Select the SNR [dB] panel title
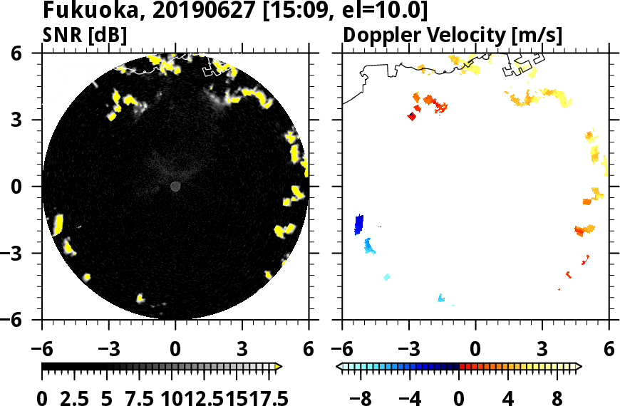point(90,35)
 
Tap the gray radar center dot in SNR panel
point(175,187)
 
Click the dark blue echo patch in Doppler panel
point(359,224)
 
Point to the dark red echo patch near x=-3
point(411,117)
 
